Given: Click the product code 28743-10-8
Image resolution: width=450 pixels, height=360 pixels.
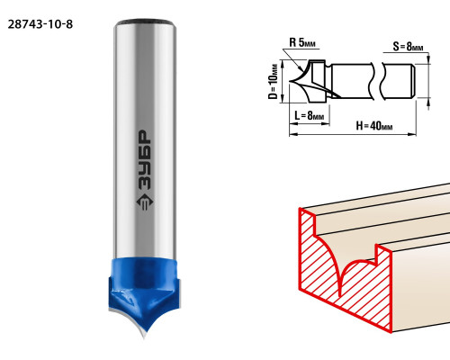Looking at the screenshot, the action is click(40, 24).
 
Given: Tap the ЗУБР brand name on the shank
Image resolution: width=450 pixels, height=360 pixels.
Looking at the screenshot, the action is click(145, 160).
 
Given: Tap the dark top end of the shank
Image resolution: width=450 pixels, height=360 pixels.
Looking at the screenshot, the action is click(145, 22).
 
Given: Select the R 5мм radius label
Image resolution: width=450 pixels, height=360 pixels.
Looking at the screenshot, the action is click(302, 42).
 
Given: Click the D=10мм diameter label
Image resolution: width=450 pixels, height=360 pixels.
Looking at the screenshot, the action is click(273, 82).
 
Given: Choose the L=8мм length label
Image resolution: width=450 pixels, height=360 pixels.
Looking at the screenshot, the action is click(309, 115).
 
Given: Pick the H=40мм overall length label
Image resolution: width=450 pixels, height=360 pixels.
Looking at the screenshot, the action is click(374, 126).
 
